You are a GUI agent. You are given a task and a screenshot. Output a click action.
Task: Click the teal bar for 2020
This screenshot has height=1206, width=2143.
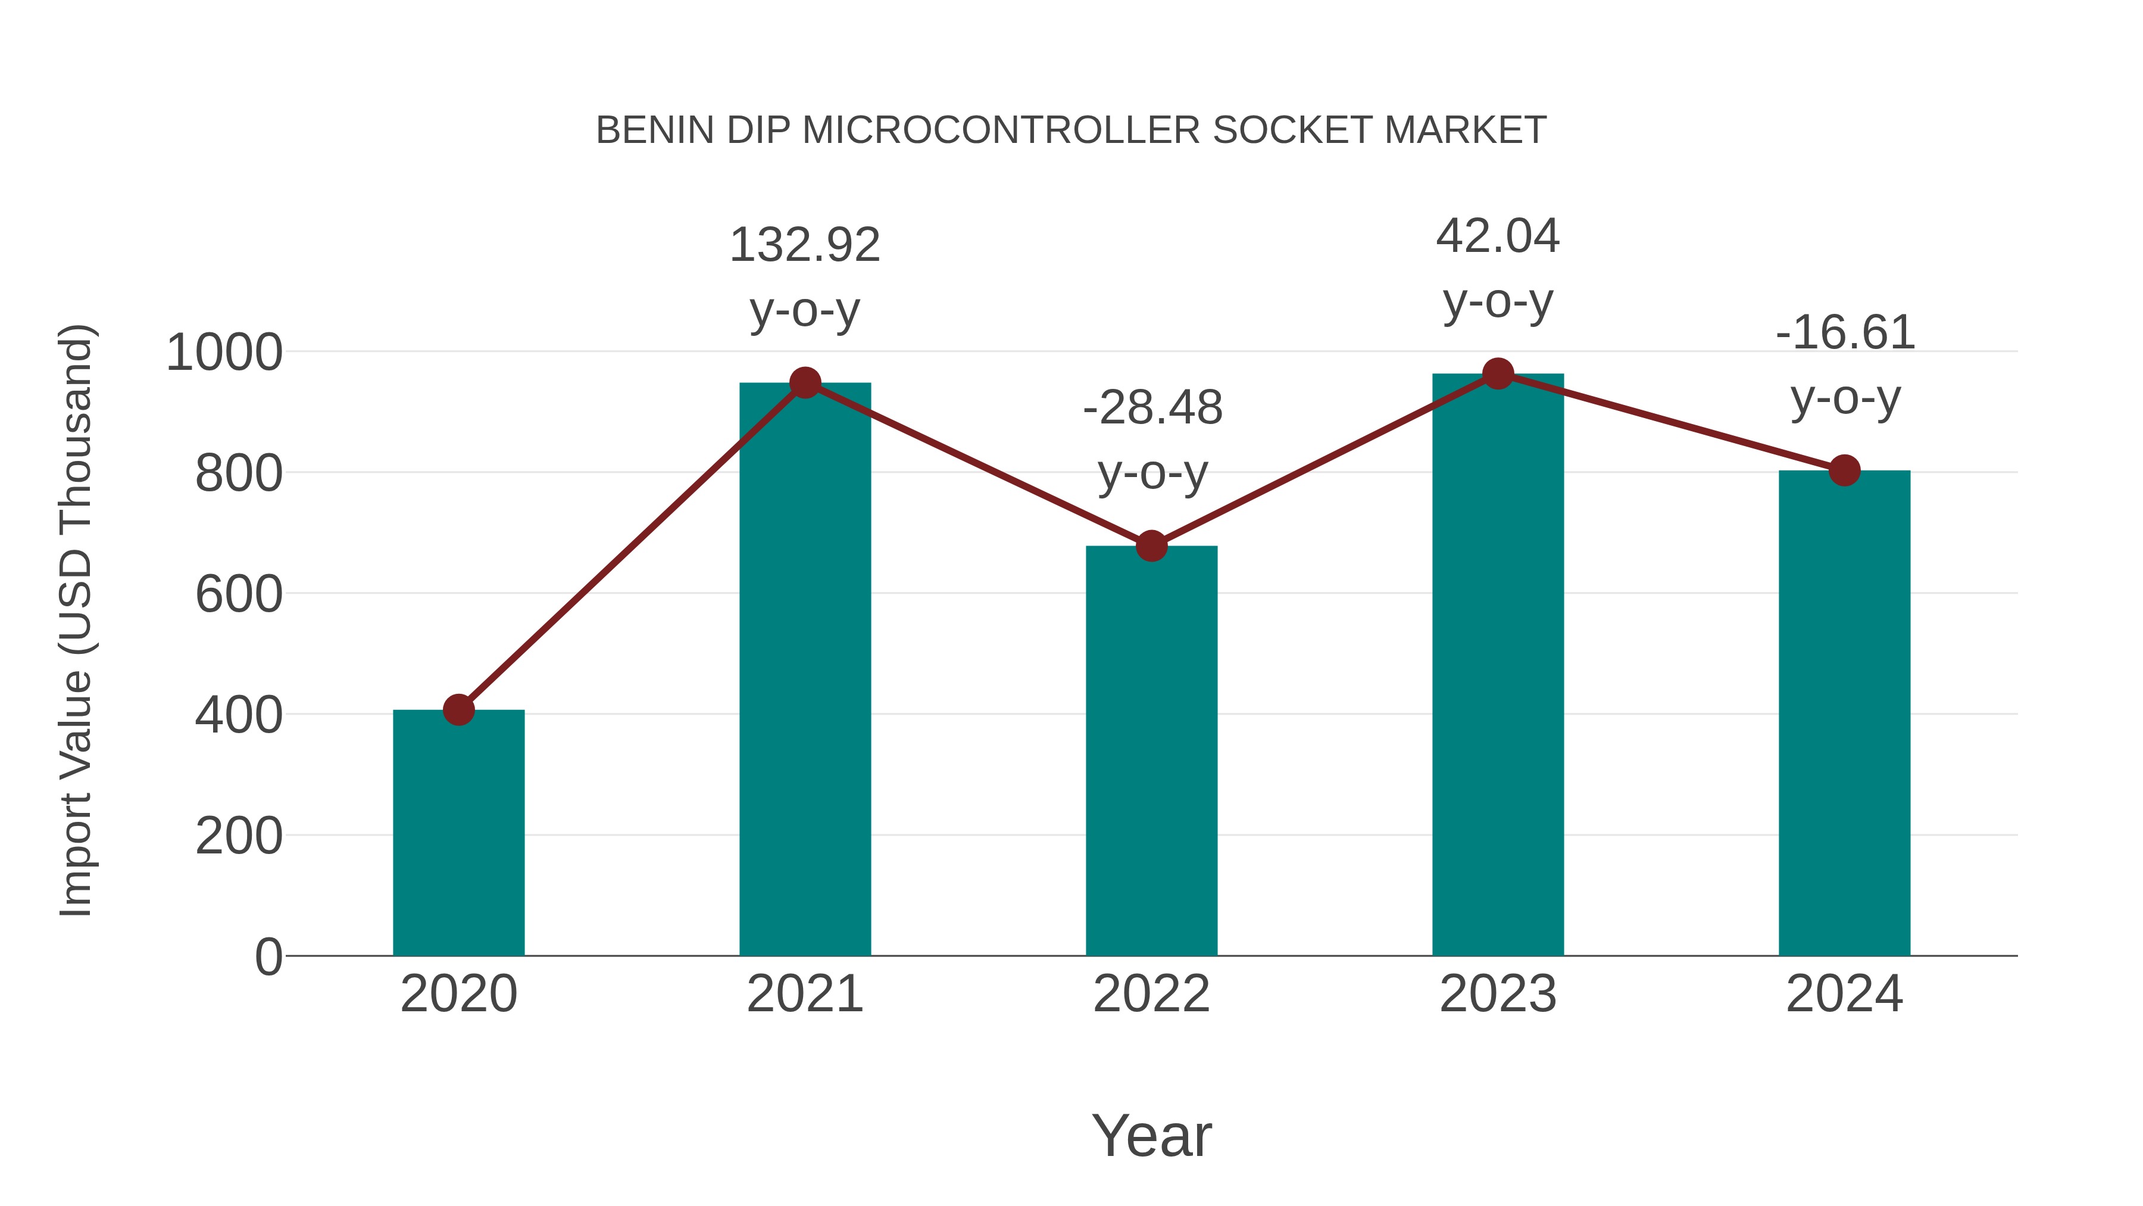[x=458, y=833]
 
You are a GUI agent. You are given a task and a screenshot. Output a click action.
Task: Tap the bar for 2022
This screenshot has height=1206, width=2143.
[x=1151, y=750]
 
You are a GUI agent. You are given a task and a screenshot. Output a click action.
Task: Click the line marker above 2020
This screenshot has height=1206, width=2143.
[x=458, y=710]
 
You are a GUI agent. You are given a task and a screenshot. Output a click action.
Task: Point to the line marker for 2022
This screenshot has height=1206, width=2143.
[x=1151, y=546]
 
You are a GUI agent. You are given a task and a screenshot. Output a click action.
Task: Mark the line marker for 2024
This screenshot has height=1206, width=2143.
[x=1844, y=470]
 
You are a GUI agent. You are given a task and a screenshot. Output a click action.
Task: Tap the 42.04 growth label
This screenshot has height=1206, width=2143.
[x=1498, y=236]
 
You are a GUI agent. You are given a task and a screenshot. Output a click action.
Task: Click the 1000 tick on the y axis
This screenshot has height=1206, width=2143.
[x=224, y=353]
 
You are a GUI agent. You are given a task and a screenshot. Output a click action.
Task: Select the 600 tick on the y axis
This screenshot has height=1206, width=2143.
[x=239, y=595]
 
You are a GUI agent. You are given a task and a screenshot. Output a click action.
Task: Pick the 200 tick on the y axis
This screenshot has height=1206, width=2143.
[x=239, y=837]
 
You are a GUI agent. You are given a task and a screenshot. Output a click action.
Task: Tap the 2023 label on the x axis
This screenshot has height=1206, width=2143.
[x=1498, y=994]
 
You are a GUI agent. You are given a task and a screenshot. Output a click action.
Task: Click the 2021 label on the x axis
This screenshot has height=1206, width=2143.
[x=804, y=994]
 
